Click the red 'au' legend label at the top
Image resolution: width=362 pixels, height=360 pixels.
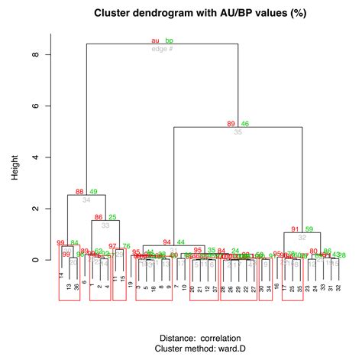point(156,41)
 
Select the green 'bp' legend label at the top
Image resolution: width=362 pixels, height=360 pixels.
point(170,41)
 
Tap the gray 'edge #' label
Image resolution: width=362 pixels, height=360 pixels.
point(162,49)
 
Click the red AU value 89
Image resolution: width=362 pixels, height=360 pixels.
point(231,123)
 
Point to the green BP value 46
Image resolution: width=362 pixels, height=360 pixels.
point(245,123)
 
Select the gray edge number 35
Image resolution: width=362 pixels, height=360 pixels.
point(238,131)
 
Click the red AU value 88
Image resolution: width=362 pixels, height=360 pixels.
point(79,191)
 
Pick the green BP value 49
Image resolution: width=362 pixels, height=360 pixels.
point(93,191)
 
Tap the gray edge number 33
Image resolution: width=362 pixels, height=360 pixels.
point(105,225)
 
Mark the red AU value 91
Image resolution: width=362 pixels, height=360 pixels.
point(296,229)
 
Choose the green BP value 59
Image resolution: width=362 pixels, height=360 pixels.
point(309,229)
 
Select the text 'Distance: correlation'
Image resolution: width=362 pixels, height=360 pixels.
point(200,337)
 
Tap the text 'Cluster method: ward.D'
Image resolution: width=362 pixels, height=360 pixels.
point(200,348)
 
